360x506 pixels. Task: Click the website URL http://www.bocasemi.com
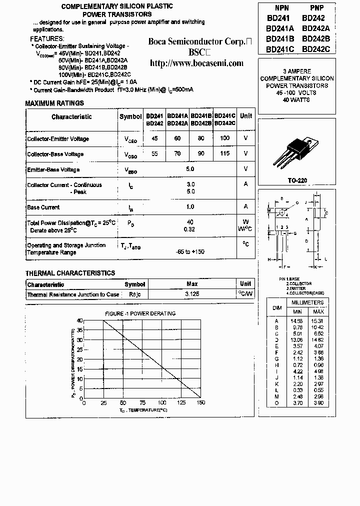click(197, 63)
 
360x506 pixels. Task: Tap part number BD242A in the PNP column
click(316, 28)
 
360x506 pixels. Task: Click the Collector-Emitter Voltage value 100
click(224, 138)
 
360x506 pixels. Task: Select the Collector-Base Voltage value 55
click(154, 154)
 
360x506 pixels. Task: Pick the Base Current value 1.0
click(190, 207)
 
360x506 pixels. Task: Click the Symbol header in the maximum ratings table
click(130, 116)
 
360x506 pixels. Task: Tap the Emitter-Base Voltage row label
click(53, 169)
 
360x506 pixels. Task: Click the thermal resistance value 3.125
click(192, 294)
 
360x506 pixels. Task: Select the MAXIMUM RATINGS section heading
click(54, 103)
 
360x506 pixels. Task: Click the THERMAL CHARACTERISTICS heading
click(70, 273)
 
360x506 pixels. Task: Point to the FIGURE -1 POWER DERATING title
click(140, 313)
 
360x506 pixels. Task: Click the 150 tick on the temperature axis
click(200, 402)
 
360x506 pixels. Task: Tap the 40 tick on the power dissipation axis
click(79, 320)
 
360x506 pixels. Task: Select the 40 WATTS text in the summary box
click(296, 100)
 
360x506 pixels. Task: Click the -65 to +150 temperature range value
click(190, 251)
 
